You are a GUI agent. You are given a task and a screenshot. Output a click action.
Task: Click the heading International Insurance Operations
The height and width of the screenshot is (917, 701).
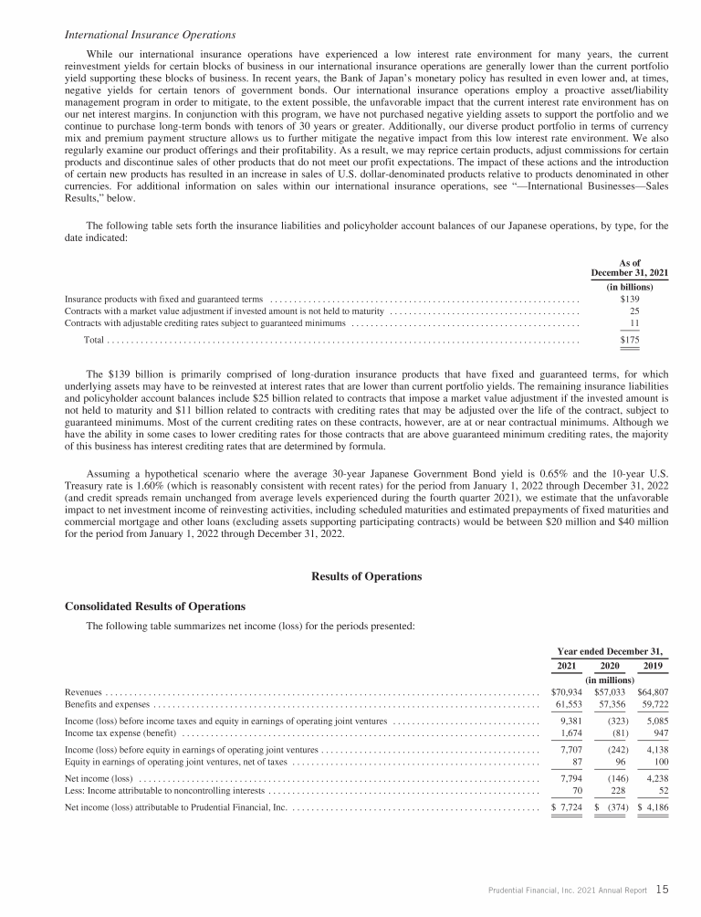point(151,35)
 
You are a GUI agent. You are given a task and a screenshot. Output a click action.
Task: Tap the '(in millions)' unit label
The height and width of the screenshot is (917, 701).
point(611,680)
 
